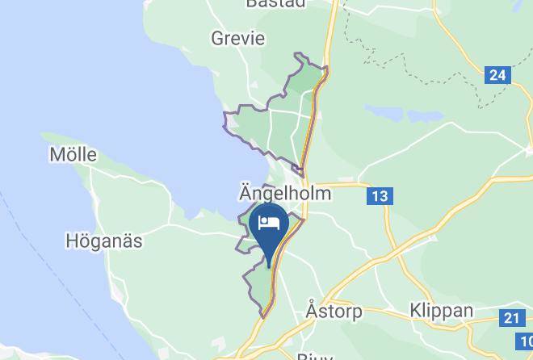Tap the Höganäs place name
(x=104, y=241)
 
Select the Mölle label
(x=73, y=154)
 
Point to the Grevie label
(x=237, y=38)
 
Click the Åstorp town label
(x=334, y=310)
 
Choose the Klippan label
(x=441, y=310)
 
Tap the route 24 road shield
(x=497, y=76)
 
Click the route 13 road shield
(x=380, y=196)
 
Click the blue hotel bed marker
(x=269, y=228)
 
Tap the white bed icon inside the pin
(x=269, y=223)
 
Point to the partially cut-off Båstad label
(x=276, y=3)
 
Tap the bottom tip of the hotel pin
(x=269, y=266)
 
